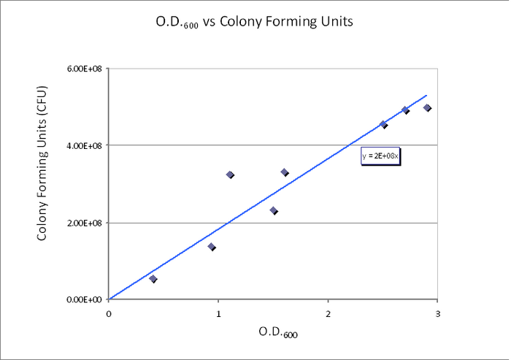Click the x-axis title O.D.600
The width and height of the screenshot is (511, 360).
(x=278, y=332)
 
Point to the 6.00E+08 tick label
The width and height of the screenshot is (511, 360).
(x=86, y=69)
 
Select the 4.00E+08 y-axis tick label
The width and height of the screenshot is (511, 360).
(x=86, y=145)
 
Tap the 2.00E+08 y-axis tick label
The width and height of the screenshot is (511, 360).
(x=86, y=223)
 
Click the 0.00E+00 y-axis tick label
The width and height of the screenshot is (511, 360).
(x=86, y=299)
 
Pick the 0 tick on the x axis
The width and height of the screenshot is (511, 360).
(x=109, y=313)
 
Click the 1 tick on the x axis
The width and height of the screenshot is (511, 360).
(x=218, y=313)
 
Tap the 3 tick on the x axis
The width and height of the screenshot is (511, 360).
(x=437, y=313)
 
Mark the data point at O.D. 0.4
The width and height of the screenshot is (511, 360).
(x=153, y=279)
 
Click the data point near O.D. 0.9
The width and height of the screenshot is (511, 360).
(x=212, y=247)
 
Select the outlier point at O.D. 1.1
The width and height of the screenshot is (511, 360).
(x=230, y=175)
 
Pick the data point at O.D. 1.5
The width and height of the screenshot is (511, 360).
(x=274, y=211)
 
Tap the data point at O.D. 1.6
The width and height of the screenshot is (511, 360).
(x=285, y=172)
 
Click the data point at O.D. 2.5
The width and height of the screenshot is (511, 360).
(x=383, y=124)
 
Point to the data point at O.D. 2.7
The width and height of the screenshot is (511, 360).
(x=405, y=110)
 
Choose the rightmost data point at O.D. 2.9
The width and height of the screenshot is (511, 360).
(x=427, y=108)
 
